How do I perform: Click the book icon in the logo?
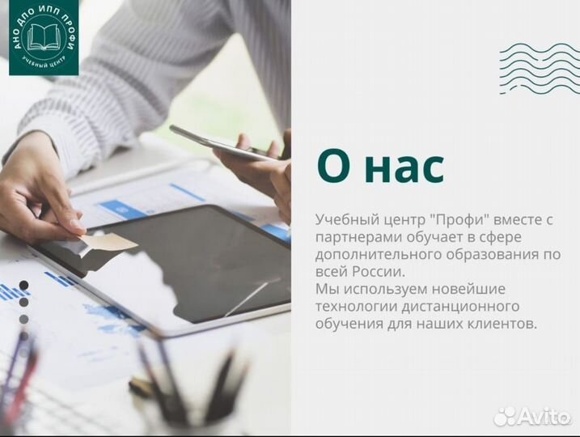tap(44, 36)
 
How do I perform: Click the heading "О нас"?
tap(380, 168)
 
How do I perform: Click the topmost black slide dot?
tap(23, 285)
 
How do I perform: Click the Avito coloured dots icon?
tap(505, 416)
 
